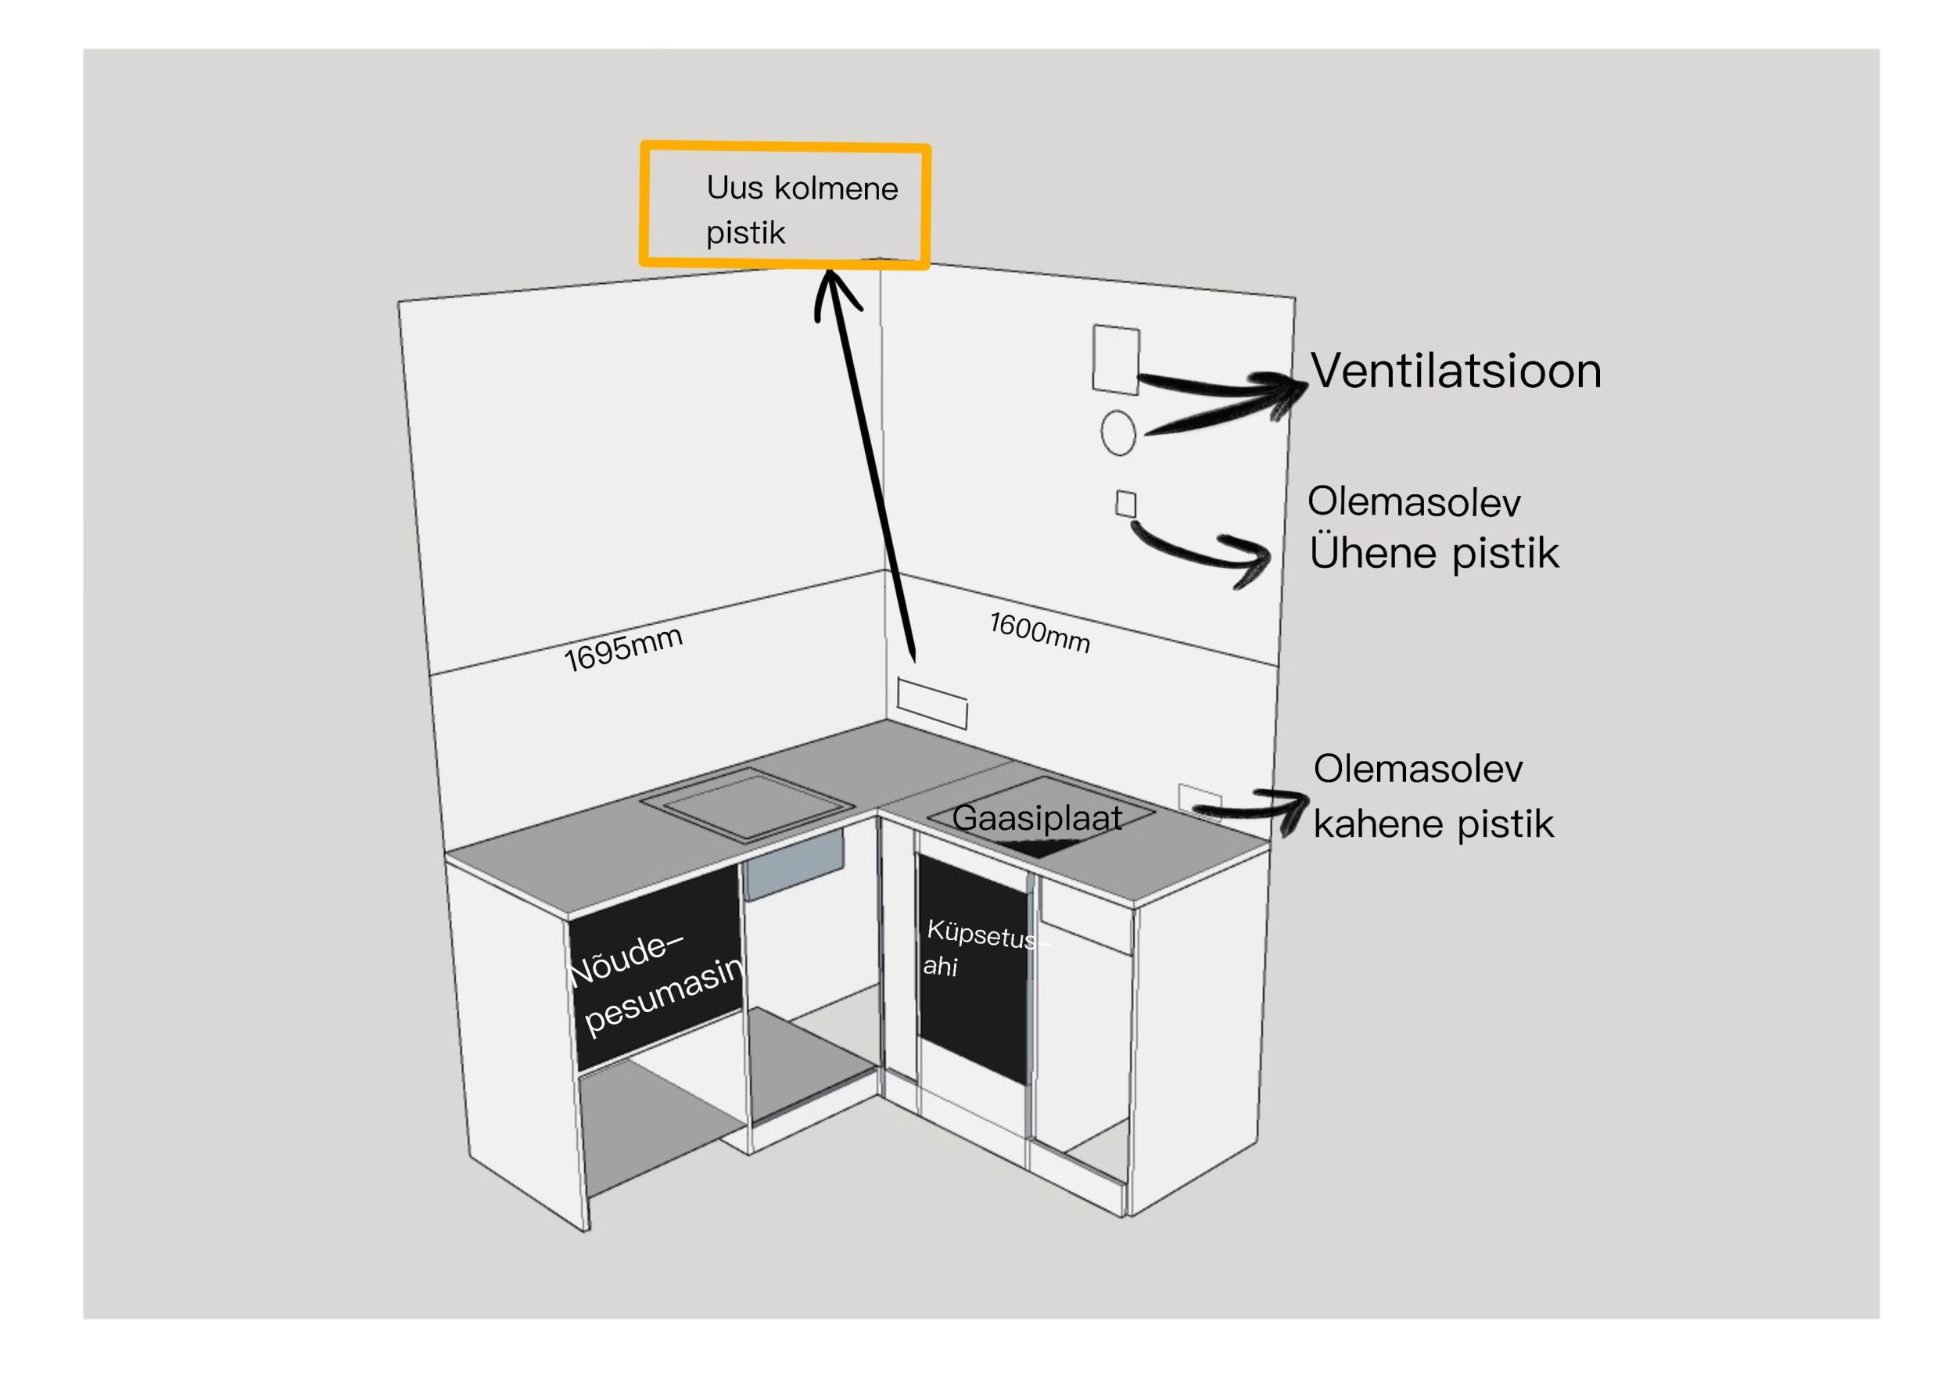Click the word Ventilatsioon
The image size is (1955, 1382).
pyautogui.click(x=1455, y=372)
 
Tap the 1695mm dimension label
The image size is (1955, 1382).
pyautogui.click(x=622, y=648)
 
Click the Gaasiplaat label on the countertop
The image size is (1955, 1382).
pyautogui.click(x=1036, y=818)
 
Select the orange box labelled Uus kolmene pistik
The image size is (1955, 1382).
pyautogui.click(x=784, y=206)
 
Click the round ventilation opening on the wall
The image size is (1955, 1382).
pyautogui.click(x=1117, y=433)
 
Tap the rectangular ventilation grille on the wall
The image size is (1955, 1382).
pyautogui.click(x=1115, y=358)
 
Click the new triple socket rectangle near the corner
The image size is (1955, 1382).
pyautogui.click(x=931, y=702)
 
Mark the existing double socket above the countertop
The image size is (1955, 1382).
pyautogui.click(x=1199, y=799)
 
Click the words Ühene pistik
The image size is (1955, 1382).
pyautogui.click(x=1434, y=554)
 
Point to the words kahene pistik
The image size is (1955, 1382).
pyautogui.click(x=1433, y=824)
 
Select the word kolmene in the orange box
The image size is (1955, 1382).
pyautogui.click(x=835, y=188)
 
